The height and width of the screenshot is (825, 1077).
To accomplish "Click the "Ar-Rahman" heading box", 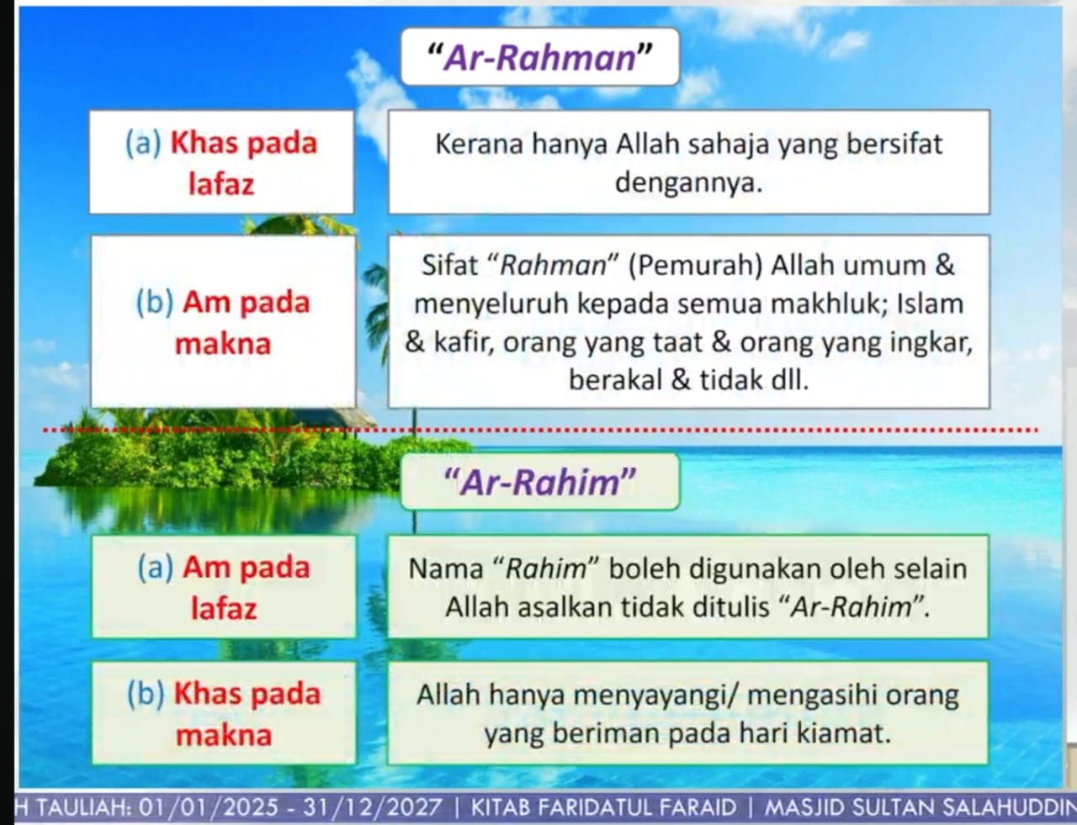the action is coord(539,57).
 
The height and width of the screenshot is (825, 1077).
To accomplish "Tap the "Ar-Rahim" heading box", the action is coord(539,482).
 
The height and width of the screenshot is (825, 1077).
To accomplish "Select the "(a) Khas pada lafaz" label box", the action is coord(221,162).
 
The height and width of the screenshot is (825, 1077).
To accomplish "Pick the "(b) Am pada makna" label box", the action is coord(223,322).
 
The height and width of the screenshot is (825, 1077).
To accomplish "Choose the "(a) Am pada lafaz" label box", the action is coord(224,586).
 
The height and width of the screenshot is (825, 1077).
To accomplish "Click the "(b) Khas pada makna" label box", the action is coord(224,713).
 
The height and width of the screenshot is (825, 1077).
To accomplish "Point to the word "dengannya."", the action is coord(688,183).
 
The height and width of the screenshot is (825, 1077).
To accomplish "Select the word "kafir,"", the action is coord(464,342).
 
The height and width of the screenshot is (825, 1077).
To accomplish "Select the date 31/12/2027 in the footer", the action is coord(372,807).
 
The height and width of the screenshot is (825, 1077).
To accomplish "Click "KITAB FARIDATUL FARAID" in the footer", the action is coord(603,807).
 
